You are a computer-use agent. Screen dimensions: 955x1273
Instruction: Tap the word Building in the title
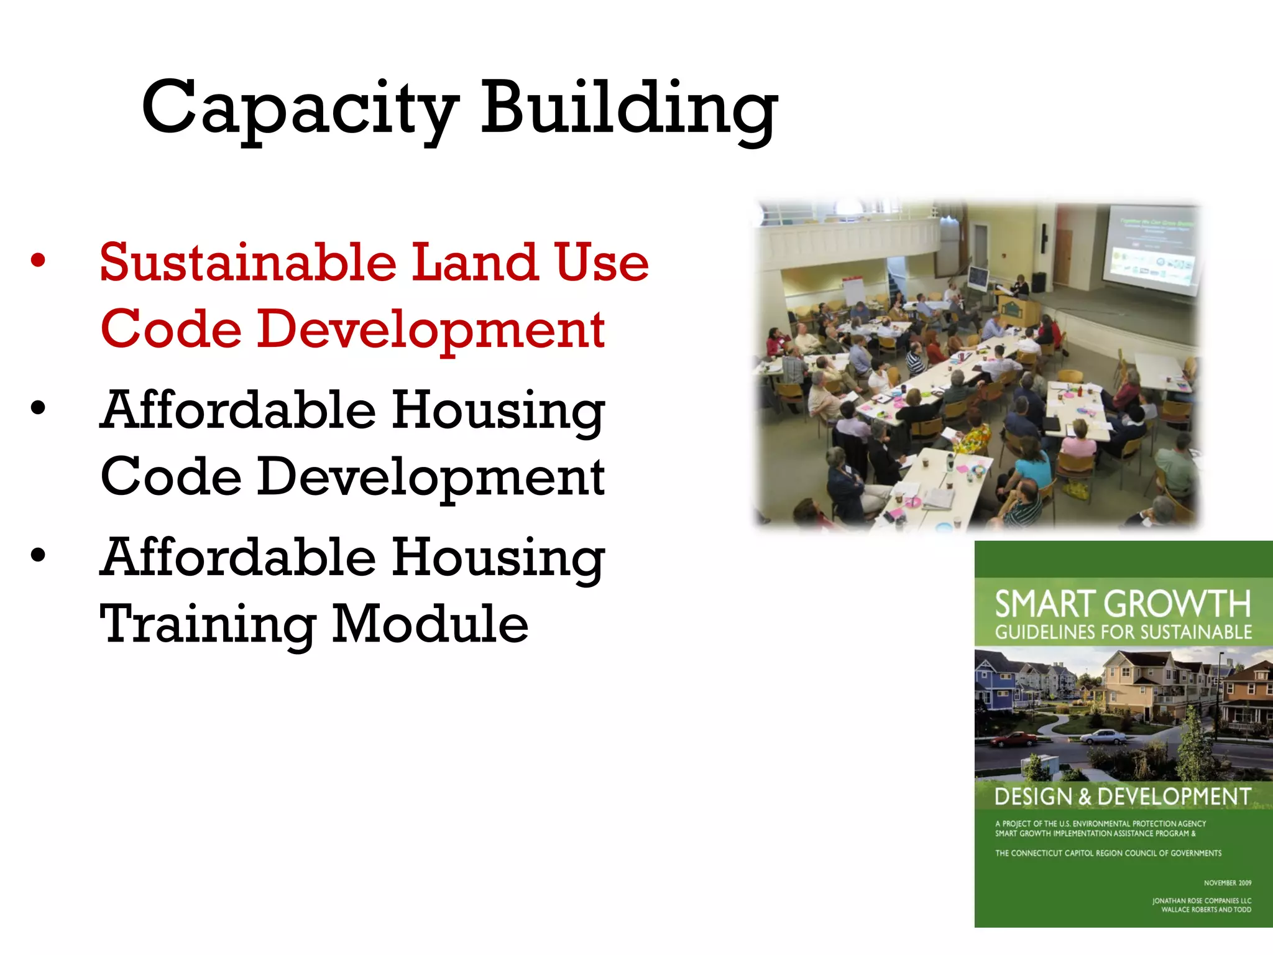[628, 109]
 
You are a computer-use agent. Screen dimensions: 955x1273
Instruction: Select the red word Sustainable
[248, 262]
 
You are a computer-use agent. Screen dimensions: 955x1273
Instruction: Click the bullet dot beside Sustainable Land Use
[38, 261]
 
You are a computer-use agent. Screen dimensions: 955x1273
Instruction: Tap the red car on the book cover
[1013, 739]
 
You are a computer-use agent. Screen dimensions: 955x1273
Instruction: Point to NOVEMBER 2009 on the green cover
[1227, 883]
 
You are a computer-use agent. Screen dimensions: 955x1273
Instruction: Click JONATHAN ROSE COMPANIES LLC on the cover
[1201, 900]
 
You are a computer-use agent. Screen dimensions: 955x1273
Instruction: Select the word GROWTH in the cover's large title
[1178, 604]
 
